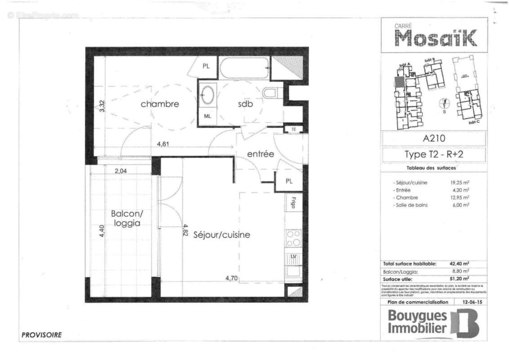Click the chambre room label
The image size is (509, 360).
click(x=160, y=104)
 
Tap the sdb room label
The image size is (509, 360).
click(x=246, y=104)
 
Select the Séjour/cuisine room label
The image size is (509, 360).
click(x=222, y=235)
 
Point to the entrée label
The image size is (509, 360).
click(x=260, y=154)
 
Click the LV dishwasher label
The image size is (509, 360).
click(x=293, y=257)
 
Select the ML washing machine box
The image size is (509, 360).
click(x=208, y=116)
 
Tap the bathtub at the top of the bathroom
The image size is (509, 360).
click(x=245, y=68)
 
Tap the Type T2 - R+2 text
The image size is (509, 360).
click(x=433, y=155)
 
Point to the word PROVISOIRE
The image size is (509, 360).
click(x=41, y=335)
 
